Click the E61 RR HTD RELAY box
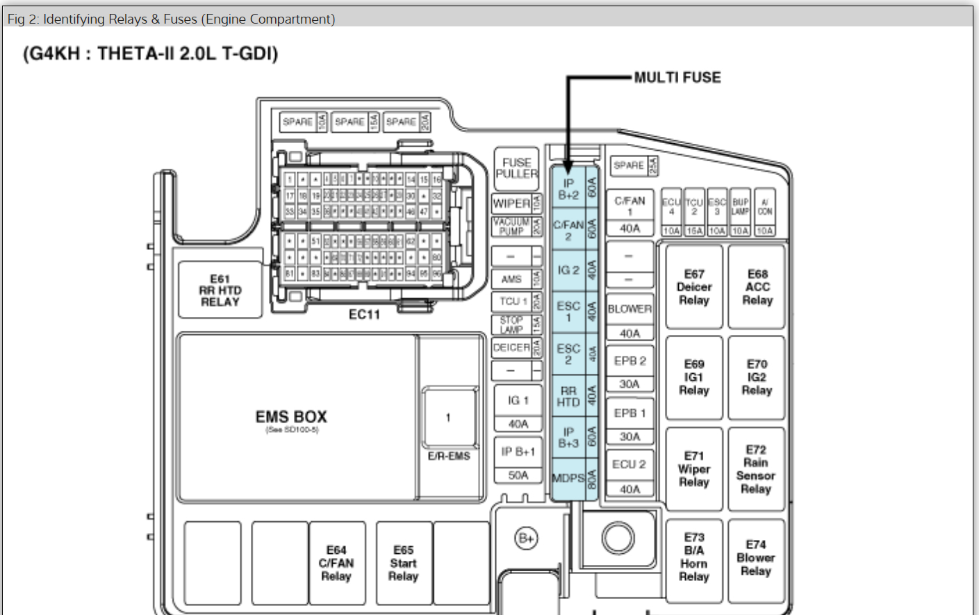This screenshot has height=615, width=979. tap(220, 290)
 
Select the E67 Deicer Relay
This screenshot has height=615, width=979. tap(693, 287)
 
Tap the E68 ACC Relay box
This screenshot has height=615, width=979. tap(757, 287)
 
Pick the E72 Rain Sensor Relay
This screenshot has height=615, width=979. tap(755, 469)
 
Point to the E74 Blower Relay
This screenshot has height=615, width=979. tap(755, 558)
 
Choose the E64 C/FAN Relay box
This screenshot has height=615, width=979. tap(336, 563)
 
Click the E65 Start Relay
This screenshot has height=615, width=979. tap(403, 563)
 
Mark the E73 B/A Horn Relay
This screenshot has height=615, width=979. tap(693, 557)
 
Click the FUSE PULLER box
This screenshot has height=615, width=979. tap(516, 168)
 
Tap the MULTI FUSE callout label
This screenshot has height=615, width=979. tap(677, 78)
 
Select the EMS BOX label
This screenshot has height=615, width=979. tap(291, 417)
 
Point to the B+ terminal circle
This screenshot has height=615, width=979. tap(526, 538)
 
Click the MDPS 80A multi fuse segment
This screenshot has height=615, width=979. tap(568, 479)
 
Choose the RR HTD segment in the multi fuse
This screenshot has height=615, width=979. tap(568, 396)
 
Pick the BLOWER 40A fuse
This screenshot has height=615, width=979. tap(630, 320)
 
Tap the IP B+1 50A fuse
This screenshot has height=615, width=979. tap(518, 462)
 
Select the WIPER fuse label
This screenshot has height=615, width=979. tap(512, 204)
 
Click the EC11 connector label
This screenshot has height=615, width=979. tap(364, 315)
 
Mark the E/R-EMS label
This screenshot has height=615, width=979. tap(449, 456)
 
